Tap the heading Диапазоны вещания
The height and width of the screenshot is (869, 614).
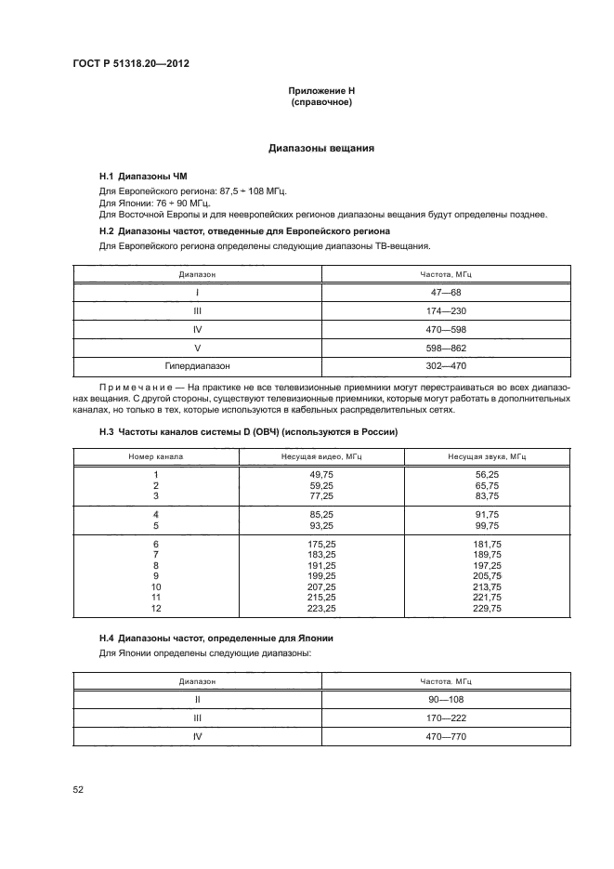point(321,148)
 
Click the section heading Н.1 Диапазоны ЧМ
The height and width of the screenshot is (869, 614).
point(137,176)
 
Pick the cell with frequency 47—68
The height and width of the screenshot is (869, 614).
point(447,292)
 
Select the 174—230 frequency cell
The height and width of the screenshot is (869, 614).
point(447,311)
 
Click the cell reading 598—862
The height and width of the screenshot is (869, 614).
point(447,349)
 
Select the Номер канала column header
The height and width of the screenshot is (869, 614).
point(156,457)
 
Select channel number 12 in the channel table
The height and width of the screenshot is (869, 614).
point(156,609)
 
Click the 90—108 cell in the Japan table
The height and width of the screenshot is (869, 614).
point(447,699)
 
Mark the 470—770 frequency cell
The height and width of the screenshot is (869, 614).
point(447,736)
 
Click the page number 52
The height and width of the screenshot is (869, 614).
point(78,790)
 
